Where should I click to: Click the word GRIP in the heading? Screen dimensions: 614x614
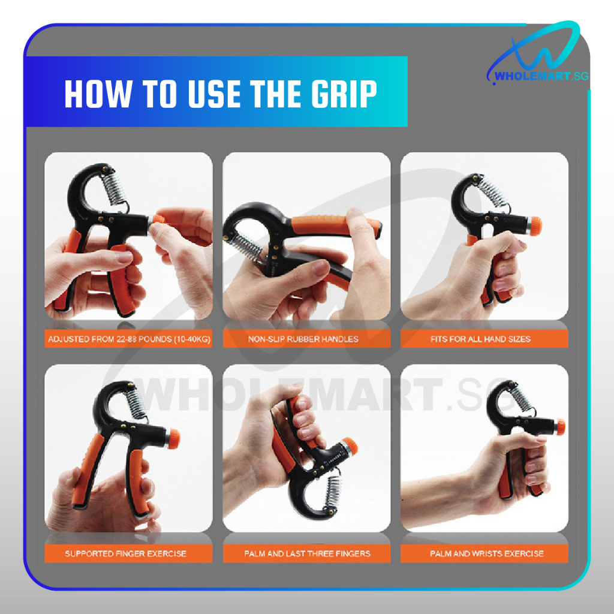[344, 94]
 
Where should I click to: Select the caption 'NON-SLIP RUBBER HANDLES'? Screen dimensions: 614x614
[303, 339]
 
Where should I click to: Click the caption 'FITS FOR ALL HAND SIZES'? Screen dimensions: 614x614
[480, 339]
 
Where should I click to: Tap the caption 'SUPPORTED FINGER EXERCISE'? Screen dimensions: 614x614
[126, 553]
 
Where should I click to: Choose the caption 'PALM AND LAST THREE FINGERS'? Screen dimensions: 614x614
[307, 553]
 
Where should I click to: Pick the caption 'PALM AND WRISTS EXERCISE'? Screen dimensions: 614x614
[487, 553]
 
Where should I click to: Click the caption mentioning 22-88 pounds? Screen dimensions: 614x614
[130, 339]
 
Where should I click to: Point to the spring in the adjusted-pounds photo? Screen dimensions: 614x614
[116, 189]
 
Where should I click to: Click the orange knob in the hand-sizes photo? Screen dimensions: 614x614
[534, 226]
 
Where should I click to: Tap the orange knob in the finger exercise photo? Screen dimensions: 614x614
[173, 438]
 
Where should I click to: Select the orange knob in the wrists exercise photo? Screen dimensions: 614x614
[561, 427]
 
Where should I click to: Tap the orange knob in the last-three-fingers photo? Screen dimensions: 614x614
[350, 446]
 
